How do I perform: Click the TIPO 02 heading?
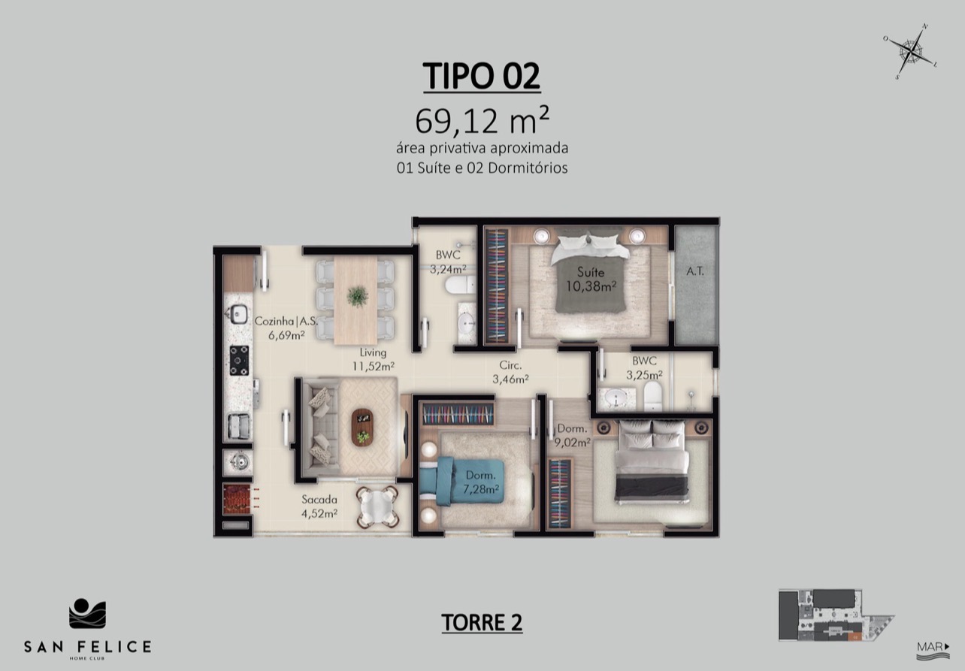tap(482, 76)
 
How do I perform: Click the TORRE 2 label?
tap(482, 622)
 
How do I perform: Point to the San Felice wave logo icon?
tap(87, 613)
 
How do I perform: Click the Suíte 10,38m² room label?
tap(591, 279)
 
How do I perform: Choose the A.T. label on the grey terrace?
tap(695, 271)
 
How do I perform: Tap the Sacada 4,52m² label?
tap(319, 506)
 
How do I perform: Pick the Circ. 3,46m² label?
tap(510, 372)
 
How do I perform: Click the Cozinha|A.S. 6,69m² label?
tap(286, 328)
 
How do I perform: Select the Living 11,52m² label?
tap(374, 359)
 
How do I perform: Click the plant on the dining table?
tap(357, 296)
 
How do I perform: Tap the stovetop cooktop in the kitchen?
tap(239, 360)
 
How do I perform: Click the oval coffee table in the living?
tap(362, 428)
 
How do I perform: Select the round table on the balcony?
tap(377, 507)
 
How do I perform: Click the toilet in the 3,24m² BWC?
tap(460, 285)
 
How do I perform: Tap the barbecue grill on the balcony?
tap(237, 499)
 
